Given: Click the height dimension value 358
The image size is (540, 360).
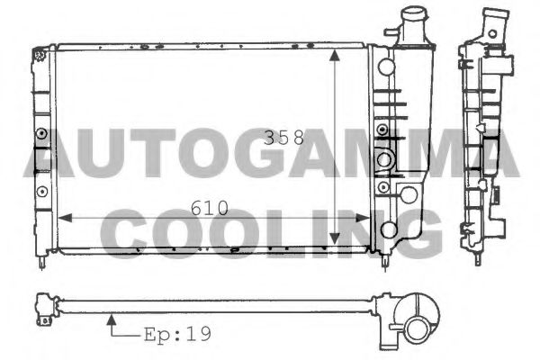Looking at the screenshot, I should point(283,139).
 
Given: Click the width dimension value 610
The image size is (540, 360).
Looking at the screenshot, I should point(209,208).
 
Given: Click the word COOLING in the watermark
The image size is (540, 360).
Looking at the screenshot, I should point(270,231).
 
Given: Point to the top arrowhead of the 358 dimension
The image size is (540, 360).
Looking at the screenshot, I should point(336,53).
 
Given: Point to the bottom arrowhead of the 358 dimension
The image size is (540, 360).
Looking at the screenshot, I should point(336,240).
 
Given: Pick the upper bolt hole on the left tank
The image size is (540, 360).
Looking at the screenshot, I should point(42,134).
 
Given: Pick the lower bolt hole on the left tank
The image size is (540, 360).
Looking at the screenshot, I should point(42,190).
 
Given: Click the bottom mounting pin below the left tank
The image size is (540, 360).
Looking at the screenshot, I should point(43,262).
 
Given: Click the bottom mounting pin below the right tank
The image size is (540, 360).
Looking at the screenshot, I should point(387,262).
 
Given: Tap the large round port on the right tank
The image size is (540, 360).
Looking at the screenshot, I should point(385,160).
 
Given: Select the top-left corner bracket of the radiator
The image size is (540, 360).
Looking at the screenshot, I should point(40,54).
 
